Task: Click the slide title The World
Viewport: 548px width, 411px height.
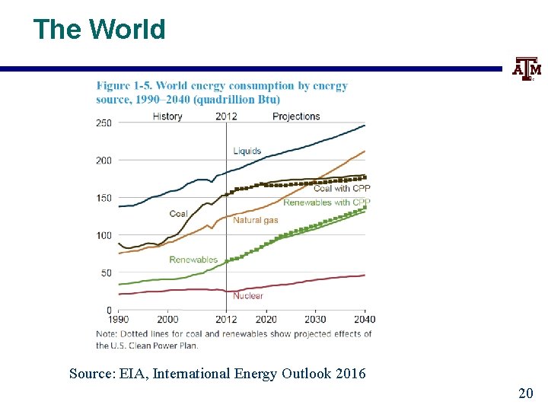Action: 99,30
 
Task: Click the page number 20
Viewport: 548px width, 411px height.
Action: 525,393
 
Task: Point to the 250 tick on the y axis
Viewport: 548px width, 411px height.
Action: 104,123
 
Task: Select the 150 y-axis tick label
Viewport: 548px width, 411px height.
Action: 104,198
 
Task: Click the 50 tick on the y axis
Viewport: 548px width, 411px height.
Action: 106,272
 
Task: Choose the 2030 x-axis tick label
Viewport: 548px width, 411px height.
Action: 315,320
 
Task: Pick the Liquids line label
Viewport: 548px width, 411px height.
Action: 247,151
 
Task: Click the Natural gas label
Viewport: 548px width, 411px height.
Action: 255,221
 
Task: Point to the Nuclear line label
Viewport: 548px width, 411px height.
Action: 248,296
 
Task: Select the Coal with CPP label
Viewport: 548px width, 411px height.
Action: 342,189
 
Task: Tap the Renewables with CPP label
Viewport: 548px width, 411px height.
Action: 327,202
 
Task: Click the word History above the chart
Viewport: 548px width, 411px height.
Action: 167,116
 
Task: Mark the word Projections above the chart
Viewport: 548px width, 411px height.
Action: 296,116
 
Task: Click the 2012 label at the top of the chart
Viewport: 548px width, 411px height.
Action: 226,116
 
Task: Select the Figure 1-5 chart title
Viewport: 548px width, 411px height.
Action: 221,92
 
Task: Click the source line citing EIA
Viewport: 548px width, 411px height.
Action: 217,374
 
